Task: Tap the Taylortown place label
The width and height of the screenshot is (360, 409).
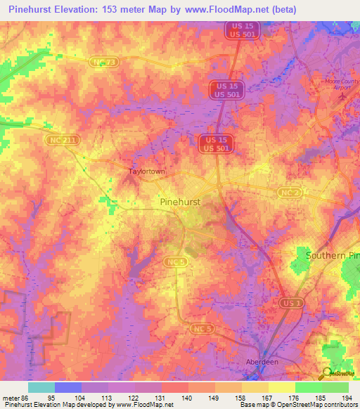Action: (146, 171)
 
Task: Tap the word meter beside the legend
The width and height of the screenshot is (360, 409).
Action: (11, 397)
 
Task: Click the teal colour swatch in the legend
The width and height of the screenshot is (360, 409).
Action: (41, 387)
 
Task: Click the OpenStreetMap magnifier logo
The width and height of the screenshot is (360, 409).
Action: (326, 374)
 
